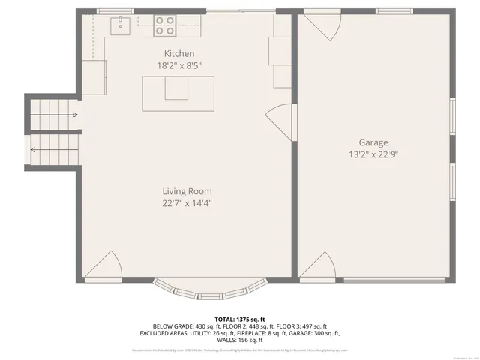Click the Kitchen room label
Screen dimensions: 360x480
(179, 53)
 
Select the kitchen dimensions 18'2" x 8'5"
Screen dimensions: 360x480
(179, 66)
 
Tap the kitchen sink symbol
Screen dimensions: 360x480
(120, 27)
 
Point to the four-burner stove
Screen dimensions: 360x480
(164, 26)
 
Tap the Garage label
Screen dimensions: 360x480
(373, 142)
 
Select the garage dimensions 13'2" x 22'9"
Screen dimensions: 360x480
(373, 155)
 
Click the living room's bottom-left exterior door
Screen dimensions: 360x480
(103, 266)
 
